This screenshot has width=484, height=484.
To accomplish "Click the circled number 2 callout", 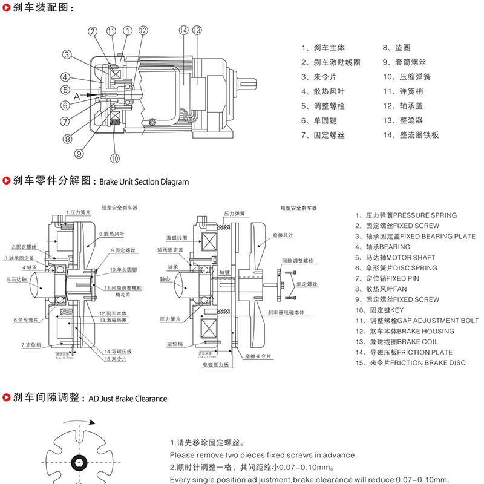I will click(93, 31).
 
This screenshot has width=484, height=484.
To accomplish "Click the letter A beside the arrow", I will click(77, 95).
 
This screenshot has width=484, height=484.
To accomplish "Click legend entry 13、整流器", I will click(402, 121).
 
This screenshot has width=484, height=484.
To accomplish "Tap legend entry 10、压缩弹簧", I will click(406, 77).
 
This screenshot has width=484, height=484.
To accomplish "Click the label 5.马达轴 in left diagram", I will click(17, 280).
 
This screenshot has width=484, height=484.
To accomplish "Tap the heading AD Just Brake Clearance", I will click(128, 399).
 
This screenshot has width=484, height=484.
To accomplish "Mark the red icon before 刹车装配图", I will click(7, 8).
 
